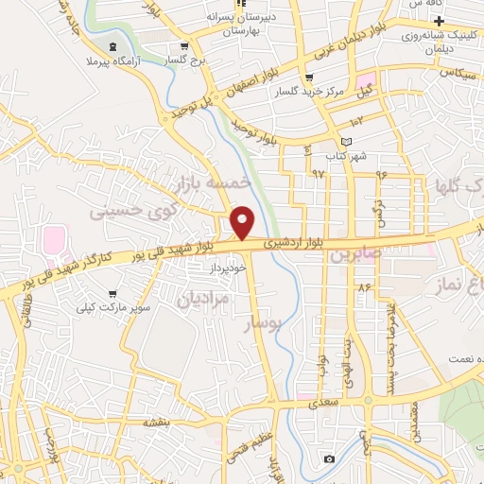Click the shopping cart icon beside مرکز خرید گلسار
coord(309,78)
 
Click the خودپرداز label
coord(230,268)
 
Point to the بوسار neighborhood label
coord(266,324)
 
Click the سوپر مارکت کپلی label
coord(113,308)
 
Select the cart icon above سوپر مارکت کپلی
coord(113,294)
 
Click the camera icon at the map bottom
coord(327,458)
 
